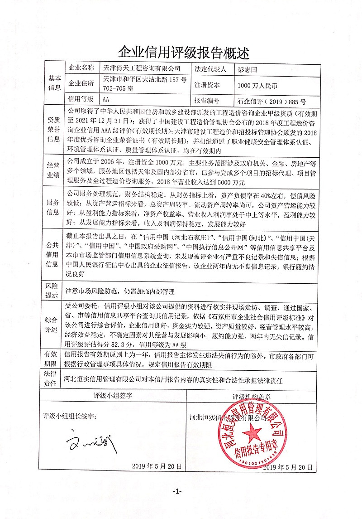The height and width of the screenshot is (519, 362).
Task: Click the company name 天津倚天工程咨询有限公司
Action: pyautogui.click(x=142, y=69)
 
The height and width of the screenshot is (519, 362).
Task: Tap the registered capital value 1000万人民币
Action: pyautogui.click(x=257, y=85)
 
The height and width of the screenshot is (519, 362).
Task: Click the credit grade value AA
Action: pyautogui.click(x=107, y=100)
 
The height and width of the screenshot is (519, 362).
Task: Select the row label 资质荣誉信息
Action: pyautogui.click(x=53, y=129)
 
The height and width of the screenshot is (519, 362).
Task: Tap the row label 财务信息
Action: pyautogui.click(x=53, y=206)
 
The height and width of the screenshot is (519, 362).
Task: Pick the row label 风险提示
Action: pyautogui.click(x=53, y=290)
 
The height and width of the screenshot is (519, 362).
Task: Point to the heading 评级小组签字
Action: pyautogui.click(x=113, y=395)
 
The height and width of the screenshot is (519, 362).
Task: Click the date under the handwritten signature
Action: pyautogui.click(x=157, y=466)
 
